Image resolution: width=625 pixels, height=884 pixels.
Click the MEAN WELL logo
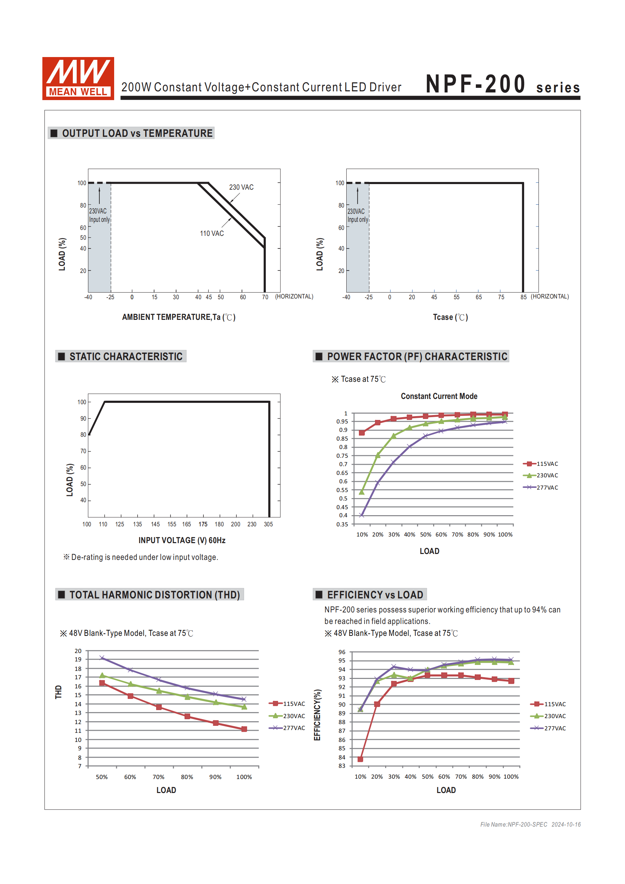78,78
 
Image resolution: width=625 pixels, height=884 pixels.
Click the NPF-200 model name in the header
475,84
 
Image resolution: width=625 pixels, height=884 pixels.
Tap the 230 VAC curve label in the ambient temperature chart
241,187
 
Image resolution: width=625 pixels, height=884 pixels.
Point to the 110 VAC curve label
211,233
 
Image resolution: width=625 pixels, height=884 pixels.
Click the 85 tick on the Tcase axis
523,297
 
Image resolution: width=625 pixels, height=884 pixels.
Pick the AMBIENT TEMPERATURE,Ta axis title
179,317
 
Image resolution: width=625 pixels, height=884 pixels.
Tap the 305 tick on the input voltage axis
268,524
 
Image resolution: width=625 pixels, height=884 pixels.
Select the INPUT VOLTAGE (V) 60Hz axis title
182,540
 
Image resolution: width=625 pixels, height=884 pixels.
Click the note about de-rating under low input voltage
141,557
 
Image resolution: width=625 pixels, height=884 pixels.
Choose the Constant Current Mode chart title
439,396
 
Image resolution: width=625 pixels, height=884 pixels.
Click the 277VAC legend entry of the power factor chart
541,487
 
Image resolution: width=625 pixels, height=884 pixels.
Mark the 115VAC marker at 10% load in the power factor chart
361,433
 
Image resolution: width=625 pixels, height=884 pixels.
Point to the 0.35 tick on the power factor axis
342,524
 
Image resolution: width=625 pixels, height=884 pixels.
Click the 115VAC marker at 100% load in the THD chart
244,729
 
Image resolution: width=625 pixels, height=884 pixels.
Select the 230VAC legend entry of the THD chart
287,716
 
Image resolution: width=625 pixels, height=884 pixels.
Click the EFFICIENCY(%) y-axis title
317,715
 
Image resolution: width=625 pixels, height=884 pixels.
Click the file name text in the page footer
514,824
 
